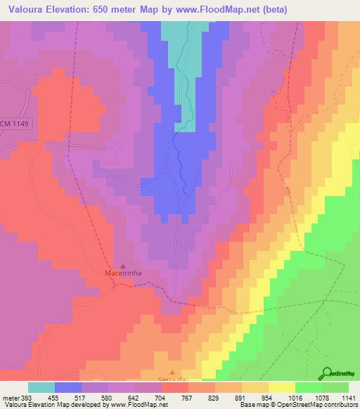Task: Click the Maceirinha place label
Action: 124,275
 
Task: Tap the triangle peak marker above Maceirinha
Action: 124,266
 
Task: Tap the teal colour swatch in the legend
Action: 41,387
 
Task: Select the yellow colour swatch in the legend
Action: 282,387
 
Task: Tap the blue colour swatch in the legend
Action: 68,387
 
